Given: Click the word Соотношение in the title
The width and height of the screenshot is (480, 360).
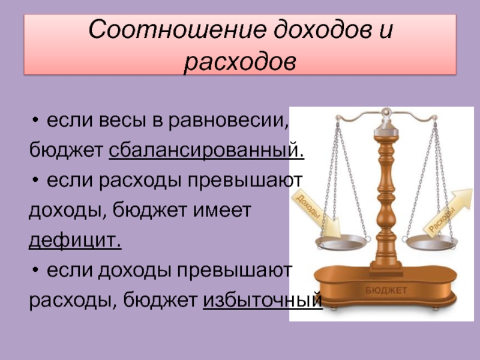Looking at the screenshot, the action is coord(176,29).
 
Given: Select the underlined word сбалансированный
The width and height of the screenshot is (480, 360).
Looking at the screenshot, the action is coord(206,151).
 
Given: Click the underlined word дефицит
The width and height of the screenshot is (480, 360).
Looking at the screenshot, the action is coord(75,241).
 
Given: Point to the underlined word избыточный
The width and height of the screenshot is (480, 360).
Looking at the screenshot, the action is coord(263,301).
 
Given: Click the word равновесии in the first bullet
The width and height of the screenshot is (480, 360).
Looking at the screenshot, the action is coord(229,121).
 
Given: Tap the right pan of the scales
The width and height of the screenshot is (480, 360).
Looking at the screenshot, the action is coord(432,242).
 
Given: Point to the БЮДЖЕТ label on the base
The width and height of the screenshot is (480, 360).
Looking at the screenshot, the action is coord(386,290).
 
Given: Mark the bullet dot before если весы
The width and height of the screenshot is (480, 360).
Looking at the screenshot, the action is coord(35,121).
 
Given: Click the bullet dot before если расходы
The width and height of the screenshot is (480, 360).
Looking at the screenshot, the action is coord(35,181).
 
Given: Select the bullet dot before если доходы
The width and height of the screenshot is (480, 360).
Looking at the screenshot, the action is coord(35,271).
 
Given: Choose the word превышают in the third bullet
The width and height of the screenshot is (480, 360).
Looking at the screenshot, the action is coord(235,271).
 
